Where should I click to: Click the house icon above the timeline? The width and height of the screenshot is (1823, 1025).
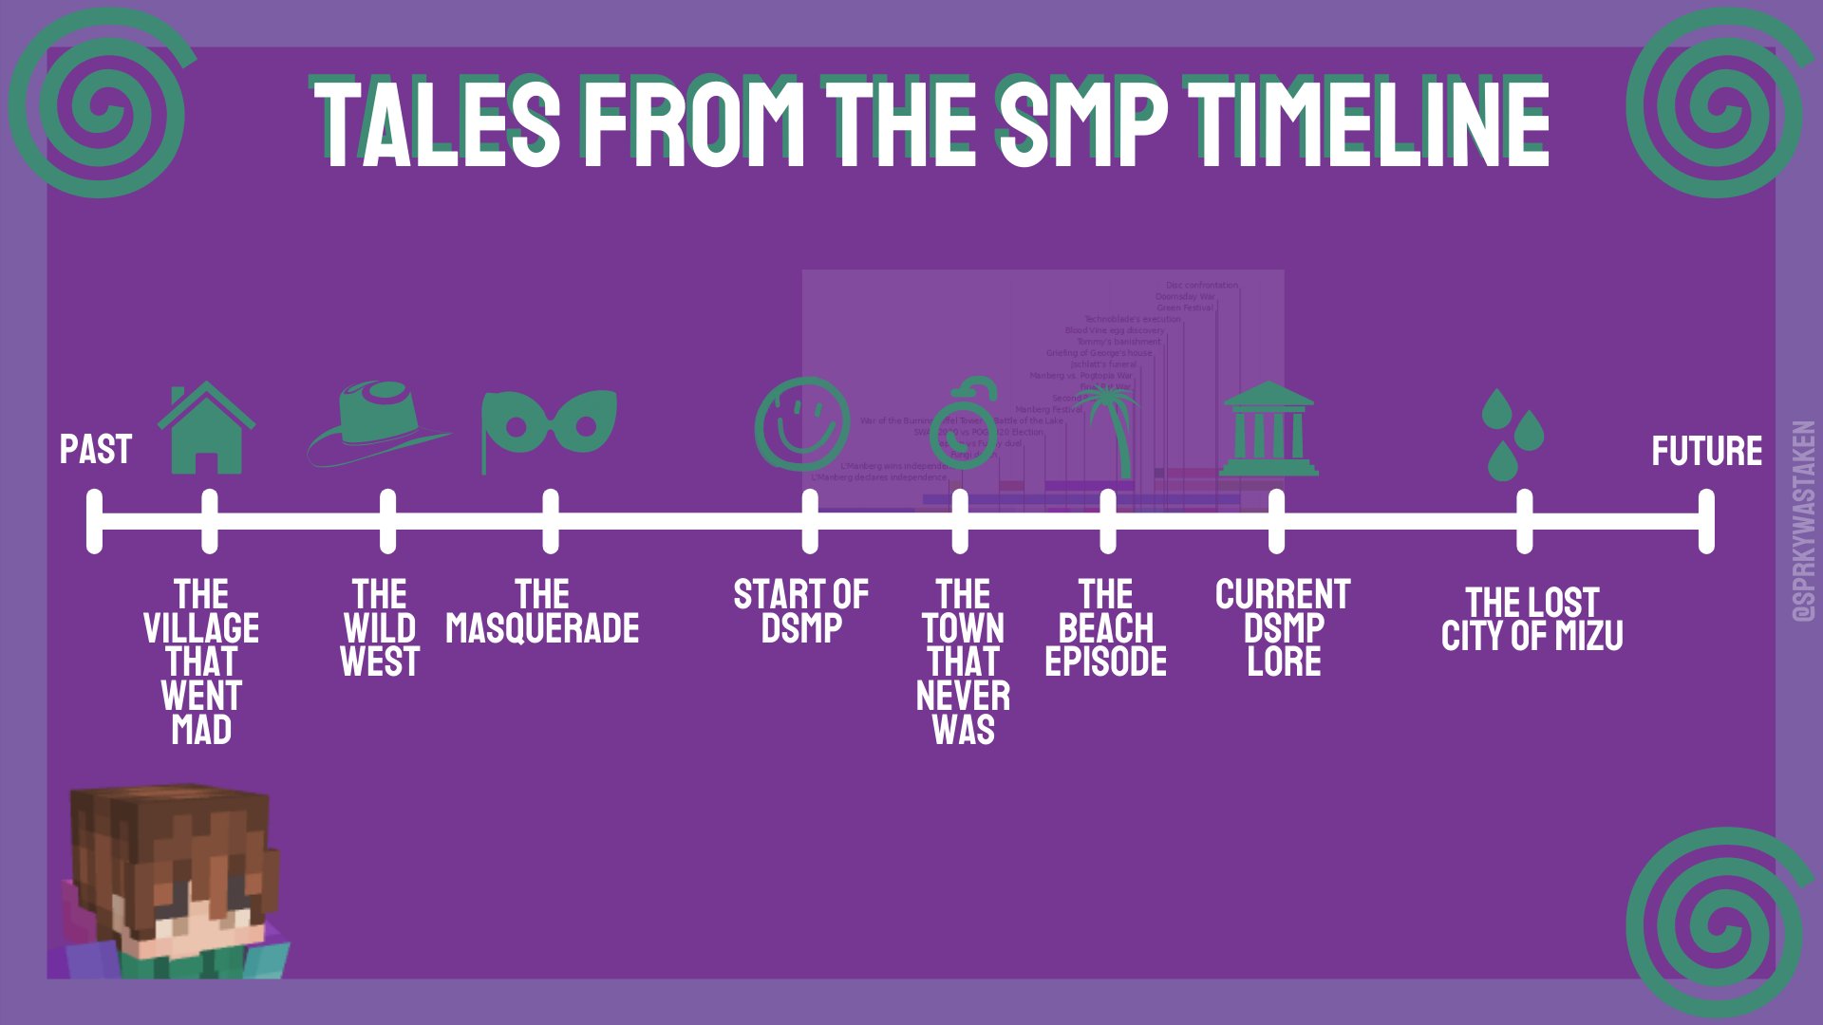click(x=206, y=429)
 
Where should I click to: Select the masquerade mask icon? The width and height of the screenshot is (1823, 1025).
click(x=550, y=428)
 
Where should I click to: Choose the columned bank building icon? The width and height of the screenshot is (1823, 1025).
click(x=1269, y=429)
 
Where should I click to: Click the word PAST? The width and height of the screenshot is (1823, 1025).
click(x=95, y=450)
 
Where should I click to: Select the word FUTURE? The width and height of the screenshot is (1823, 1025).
click(x=1706, y=452)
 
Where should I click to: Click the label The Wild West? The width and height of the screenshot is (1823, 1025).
click(x=380, y=628)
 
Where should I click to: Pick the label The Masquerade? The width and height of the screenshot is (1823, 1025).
click(x=542, y=612)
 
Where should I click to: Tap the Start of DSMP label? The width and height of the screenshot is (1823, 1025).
click(x=800, y=612)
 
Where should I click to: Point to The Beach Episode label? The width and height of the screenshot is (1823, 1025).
click(x=1105, y=628)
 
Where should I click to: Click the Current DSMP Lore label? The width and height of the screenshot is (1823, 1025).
click(x=1283, y=628)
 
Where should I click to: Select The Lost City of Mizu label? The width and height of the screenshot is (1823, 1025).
click(x=1532, y=620)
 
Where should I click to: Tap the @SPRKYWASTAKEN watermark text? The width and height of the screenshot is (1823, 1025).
click(x=1803, y=522)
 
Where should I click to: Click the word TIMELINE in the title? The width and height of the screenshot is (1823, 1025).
click(x=1372, y=123)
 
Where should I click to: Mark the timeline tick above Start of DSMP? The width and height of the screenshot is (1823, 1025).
click(x=809, y=521)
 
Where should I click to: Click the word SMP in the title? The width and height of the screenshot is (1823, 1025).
click(x=1082, y=123)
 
